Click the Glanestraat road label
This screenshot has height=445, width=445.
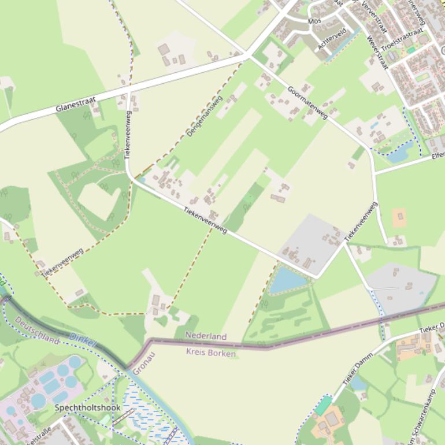(76, 103)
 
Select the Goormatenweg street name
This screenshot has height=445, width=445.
(307, 102)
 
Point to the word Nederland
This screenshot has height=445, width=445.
(206, 336)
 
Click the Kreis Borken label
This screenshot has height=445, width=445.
(210, 353)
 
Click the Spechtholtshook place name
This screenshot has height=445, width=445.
(88, 407)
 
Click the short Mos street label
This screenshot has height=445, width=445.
(314, 21)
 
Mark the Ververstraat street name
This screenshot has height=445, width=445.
(373, 17)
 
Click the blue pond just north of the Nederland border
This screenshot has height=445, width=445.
(287, 280)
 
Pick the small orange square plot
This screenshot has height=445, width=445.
(399, 218)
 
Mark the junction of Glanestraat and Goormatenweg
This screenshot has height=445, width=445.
(248, 55)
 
